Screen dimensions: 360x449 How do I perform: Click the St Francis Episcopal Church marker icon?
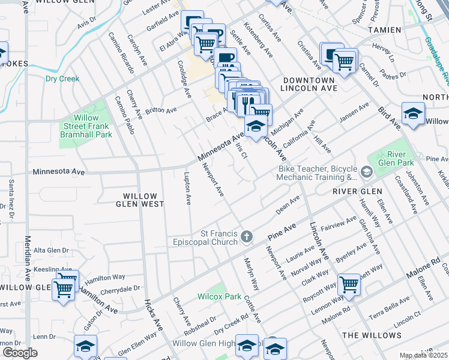point(246,238)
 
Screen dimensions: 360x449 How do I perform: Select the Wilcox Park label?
point(220,296)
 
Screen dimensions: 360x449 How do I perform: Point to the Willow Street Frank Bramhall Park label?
point(86,127)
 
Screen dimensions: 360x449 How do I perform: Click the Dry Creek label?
point(62,79)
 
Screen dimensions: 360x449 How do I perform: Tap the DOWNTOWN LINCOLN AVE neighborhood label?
point(309,84)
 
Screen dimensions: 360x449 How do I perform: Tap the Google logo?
point(20,353)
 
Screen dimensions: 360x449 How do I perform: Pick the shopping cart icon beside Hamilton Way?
point(64,289)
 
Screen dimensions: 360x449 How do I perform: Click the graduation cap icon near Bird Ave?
point(413,114)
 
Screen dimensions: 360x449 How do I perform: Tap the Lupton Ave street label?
point(187,188)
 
